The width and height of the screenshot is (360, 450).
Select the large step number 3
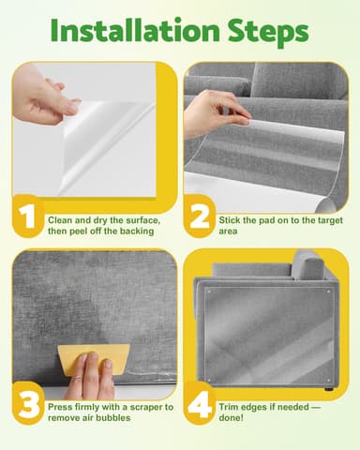pyautogui.click(x=26, y=406)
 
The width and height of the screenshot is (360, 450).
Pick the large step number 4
pyautogui.click(x=199, y=406)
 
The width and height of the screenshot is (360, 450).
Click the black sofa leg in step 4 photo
pyautogui.click(x=328, y=386)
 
